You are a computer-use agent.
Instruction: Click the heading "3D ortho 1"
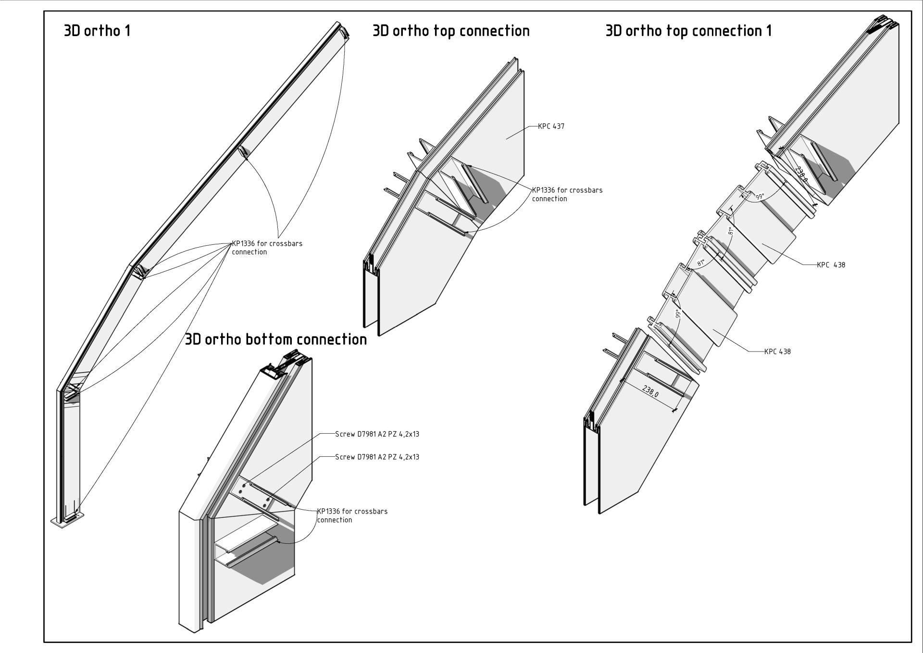tap(97, 31)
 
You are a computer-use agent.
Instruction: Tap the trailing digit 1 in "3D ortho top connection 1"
tap(769, 31)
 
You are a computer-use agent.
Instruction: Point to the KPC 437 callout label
tap(551, 126)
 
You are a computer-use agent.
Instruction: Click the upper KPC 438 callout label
tap(831, 264)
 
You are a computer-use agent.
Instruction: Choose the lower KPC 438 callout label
tap(777, 352)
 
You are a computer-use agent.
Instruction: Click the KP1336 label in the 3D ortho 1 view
tap(267, 248)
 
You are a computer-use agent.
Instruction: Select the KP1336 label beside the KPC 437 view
tap(567, 194)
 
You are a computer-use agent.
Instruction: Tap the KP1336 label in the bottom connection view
tap(352, 515)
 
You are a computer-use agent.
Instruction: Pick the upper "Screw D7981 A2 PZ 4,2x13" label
tap(377, 434)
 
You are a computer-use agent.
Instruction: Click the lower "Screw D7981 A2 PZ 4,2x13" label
tap(377, 457)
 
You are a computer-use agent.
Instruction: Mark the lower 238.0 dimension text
tap(650, 391)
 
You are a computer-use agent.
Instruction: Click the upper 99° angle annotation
tap(760, 197)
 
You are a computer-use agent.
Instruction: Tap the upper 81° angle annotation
tap(730, 230)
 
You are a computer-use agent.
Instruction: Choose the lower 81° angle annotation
tap(701, 263)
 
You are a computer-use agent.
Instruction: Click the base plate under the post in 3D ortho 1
tap(68, 521)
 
